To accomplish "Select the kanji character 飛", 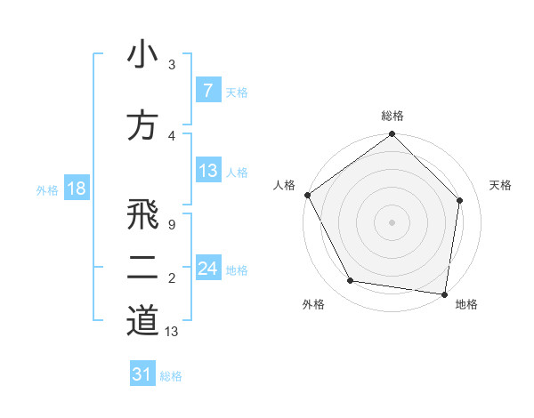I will point(142,214).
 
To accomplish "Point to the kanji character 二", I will point(142,268).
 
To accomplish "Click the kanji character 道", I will point(142,320).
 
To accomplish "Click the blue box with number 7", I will point(207,91).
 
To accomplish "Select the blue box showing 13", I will point(207,171).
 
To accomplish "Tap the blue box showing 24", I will point(207,268).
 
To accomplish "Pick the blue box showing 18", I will point(76,189).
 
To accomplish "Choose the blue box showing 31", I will point(142,374).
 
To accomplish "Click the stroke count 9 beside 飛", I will point(172,224).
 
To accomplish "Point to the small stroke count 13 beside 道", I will point(172,332).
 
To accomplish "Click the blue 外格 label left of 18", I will point(47,189).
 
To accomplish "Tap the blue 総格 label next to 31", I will point(171,375).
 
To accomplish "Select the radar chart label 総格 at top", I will point(392,116).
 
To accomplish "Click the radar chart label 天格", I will point(501,185).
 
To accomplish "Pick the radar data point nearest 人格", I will point(307,195).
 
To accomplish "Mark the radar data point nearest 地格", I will point(445,293).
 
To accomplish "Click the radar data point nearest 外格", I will point(351,281).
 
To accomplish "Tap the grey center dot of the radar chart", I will point(392,222).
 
